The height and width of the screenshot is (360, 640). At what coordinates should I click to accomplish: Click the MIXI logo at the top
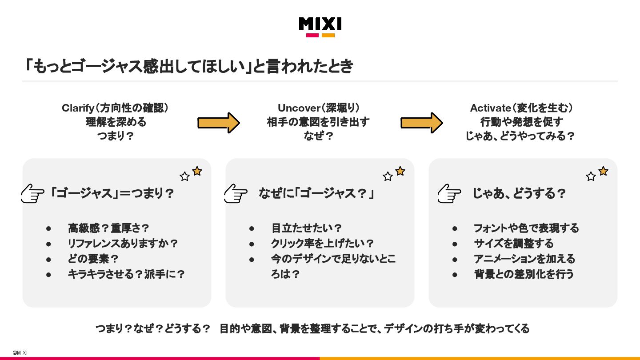coord(320,27)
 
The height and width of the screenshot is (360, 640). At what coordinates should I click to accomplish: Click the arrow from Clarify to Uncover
coord(218,123)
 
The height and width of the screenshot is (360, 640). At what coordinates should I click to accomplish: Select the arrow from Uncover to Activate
coord(421,123)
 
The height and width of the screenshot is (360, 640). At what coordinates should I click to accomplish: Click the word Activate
coord(491,108)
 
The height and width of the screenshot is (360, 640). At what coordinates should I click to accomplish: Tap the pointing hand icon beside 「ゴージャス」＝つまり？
coord(32,194)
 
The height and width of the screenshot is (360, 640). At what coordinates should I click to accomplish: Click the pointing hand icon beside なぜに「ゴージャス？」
coord(236,194)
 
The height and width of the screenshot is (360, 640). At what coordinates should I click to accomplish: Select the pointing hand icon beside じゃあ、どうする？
coord(449,194)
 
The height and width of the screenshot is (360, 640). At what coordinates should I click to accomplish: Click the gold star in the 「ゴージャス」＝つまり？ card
coord(197,171)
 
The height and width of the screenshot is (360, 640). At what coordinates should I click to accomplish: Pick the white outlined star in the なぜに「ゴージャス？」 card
coord(388,176)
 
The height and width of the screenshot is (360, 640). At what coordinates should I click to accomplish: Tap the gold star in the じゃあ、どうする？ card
coord(603,171)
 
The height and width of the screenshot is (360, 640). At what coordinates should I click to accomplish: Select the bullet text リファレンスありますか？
coord(123,244)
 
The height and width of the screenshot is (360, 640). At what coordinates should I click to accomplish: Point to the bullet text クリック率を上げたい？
coord(323,244)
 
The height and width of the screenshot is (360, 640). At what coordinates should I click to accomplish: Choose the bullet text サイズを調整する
coord(514,244)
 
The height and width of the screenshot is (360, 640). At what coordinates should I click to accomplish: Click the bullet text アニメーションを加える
coord(524,259)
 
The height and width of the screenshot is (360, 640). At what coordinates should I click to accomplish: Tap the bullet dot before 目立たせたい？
coord(252,228)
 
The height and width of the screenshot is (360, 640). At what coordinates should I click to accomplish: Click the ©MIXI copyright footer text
coord(20,352)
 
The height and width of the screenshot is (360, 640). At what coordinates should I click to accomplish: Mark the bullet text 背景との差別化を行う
coord(524,274)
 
